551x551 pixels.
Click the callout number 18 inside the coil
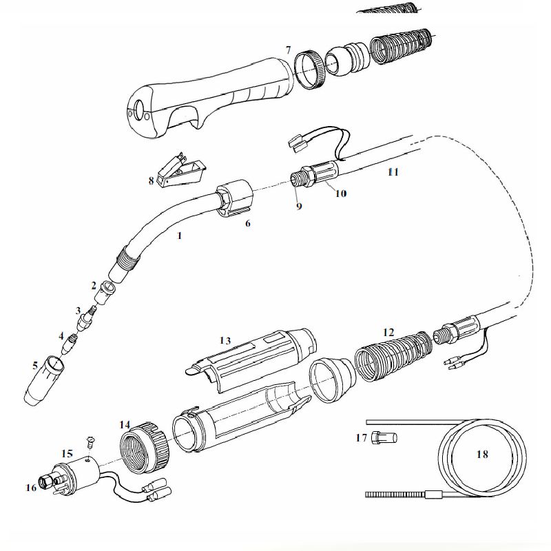482,454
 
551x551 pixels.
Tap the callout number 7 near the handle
289,50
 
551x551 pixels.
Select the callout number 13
225,340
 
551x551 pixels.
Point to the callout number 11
393,171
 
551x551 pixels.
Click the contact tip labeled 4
69,344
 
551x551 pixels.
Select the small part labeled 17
384,438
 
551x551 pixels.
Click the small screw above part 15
90,441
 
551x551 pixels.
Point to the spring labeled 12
393,356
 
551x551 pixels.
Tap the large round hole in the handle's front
139,110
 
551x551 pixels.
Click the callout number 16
31,488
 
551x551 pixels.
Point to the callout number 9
299,206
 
